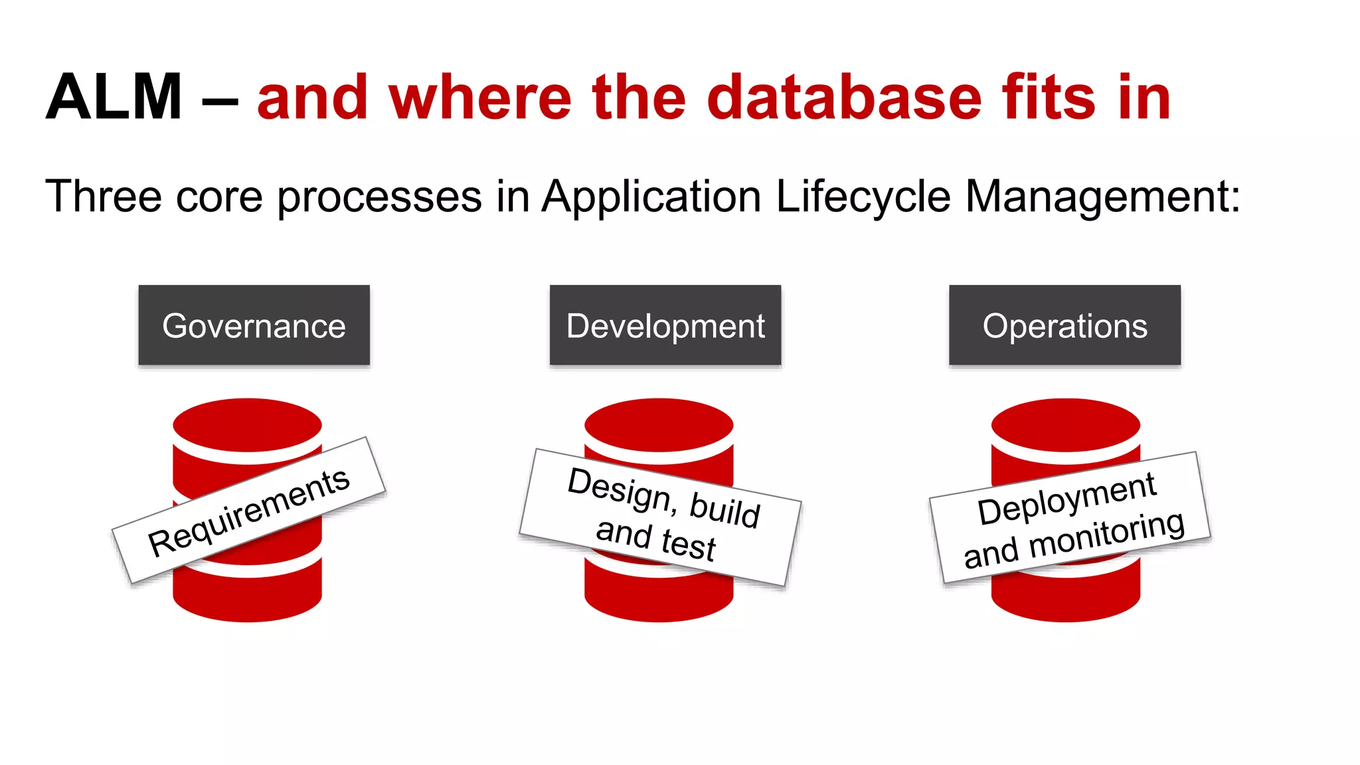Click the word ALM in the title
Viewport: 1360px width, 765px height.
[x=114, y=98]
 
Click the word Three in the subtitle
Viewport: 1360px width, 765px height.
[x=104, y=197]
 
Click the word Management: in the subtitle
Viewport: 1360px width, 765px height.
[x=1102, y=197]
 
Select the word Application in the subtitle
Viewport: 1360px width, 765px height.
[x=651, y=197]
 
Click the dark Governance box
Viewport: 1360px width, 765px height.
[x=254, y=325]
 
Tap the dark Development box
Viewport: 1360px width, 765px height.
[x=665, y=325]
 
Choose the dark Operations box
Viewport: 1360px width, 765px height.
[x=1064, y=325]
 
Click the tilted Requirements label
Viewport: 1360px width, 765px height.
[x=248, y=511]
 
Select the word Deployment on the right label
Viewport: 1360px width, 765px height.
[x=1066, y=498]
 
